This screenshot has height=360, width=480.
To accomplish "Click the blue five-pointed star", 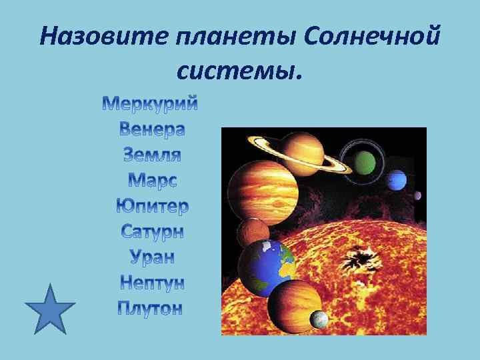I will point(50,309).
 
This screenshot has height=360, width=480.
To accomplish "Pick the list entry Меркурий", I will point(151,104).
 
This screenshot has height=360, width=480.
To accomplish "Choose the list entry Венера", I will point(153,129).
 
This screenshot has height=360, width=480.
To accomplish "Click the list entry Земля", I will point(153,155).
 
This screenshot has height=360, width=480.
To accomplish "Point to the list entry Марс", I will point(153,180).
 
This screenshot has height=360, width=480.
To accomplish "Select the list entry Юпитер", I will point(153,205).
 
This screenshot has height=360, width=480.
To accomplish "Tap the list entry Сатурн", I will point(153,231).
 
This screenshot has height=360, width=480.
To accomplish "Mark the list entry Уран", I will point(153,257).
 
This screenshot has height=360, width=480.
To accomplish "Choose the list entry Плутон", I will point(151,308).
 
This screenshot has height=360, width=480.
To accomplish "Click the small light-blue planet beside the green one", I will point(397,179).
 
